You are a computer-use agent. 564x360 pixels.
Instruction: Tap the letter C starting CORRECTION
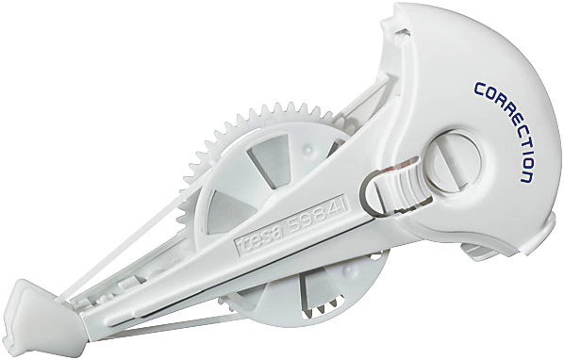coord(480,90)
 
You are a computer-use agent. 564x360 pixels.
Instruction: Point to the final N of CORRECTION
coord(526,177)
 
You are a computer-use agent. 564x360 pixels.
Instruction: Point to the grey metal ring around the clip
coord(371,196)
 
